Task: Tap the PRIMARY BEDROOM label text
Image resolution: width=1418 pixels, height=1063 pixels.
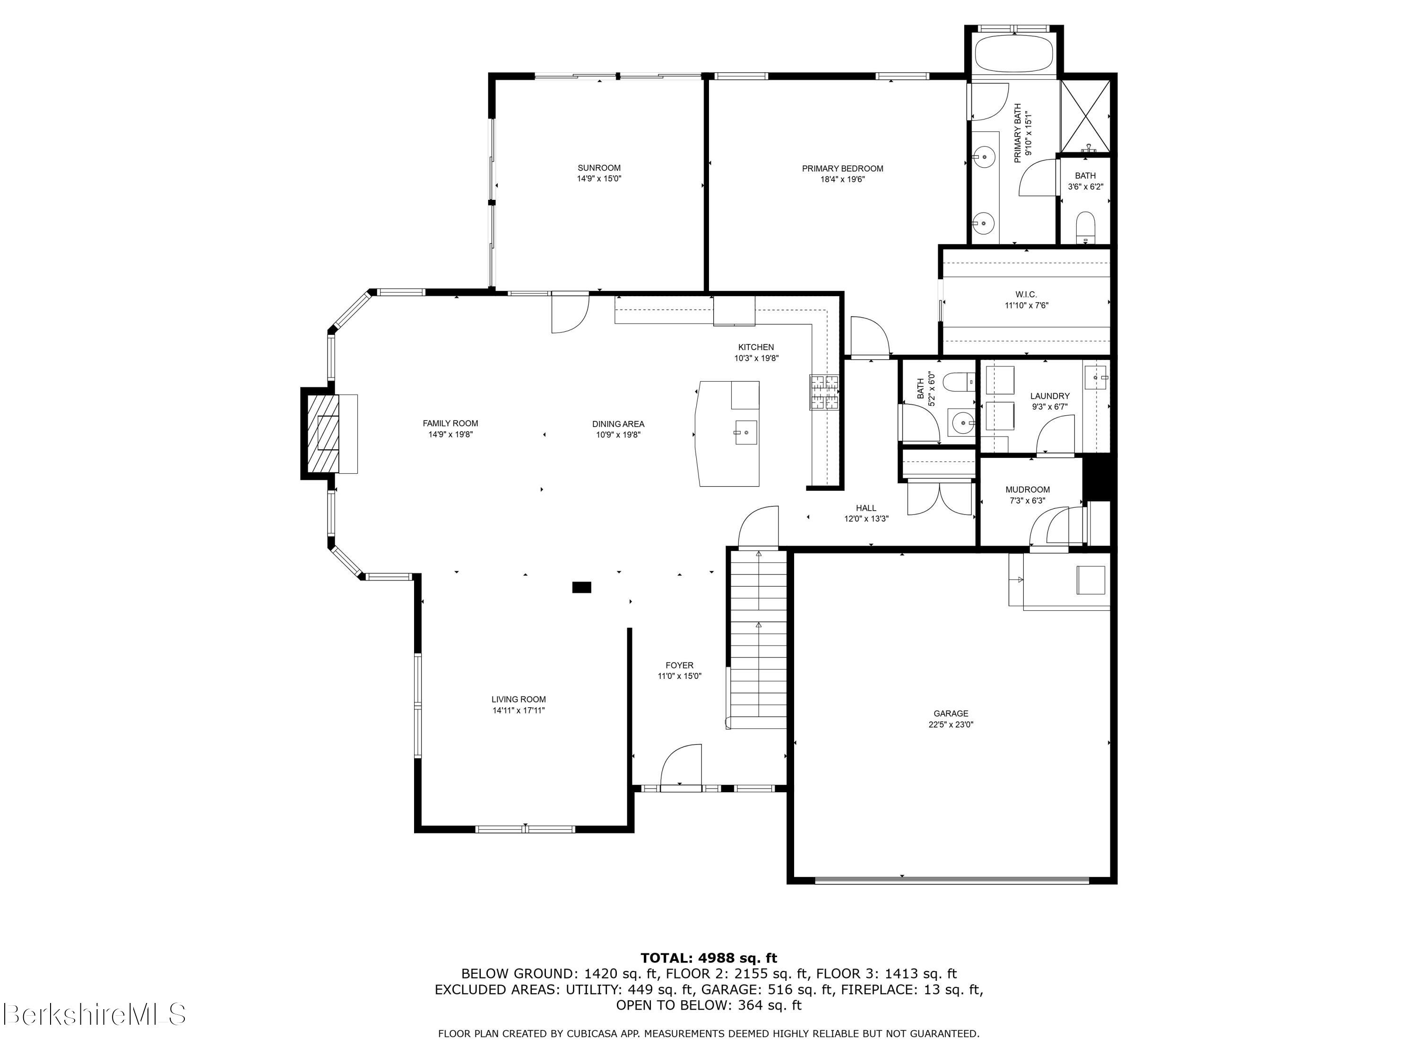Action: [x=842, y=169]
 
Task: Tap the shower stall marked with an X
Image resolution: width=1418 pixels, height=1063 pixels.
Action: [x=1085, y=116]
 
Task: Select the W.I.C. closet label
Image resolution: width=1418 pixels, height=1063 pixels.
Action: [x=1026, y=295]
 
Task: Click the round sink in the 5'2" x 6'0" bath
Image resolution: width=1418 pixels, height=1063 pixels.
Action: [x=961, y=423]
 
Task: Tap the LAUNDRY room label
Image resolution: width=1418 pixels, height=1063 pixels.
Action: [x=1049, y=396]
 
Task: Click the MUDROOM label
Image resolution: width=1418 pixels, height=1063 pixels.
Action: [x=1028, y=489]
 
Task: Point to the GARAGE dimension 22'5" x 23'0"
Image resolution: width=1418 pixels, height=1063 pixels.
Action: [x=951, y=725]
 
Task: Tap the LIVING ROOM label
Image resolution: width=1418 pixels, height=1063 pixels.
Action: [x=519, y=700]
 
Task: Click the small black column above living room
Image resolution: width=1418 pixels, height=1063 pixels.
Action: [x=581, y=587]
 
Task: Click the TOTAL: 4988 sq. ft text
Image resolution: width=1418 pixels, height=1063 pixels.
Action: [x=709, y=958]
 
